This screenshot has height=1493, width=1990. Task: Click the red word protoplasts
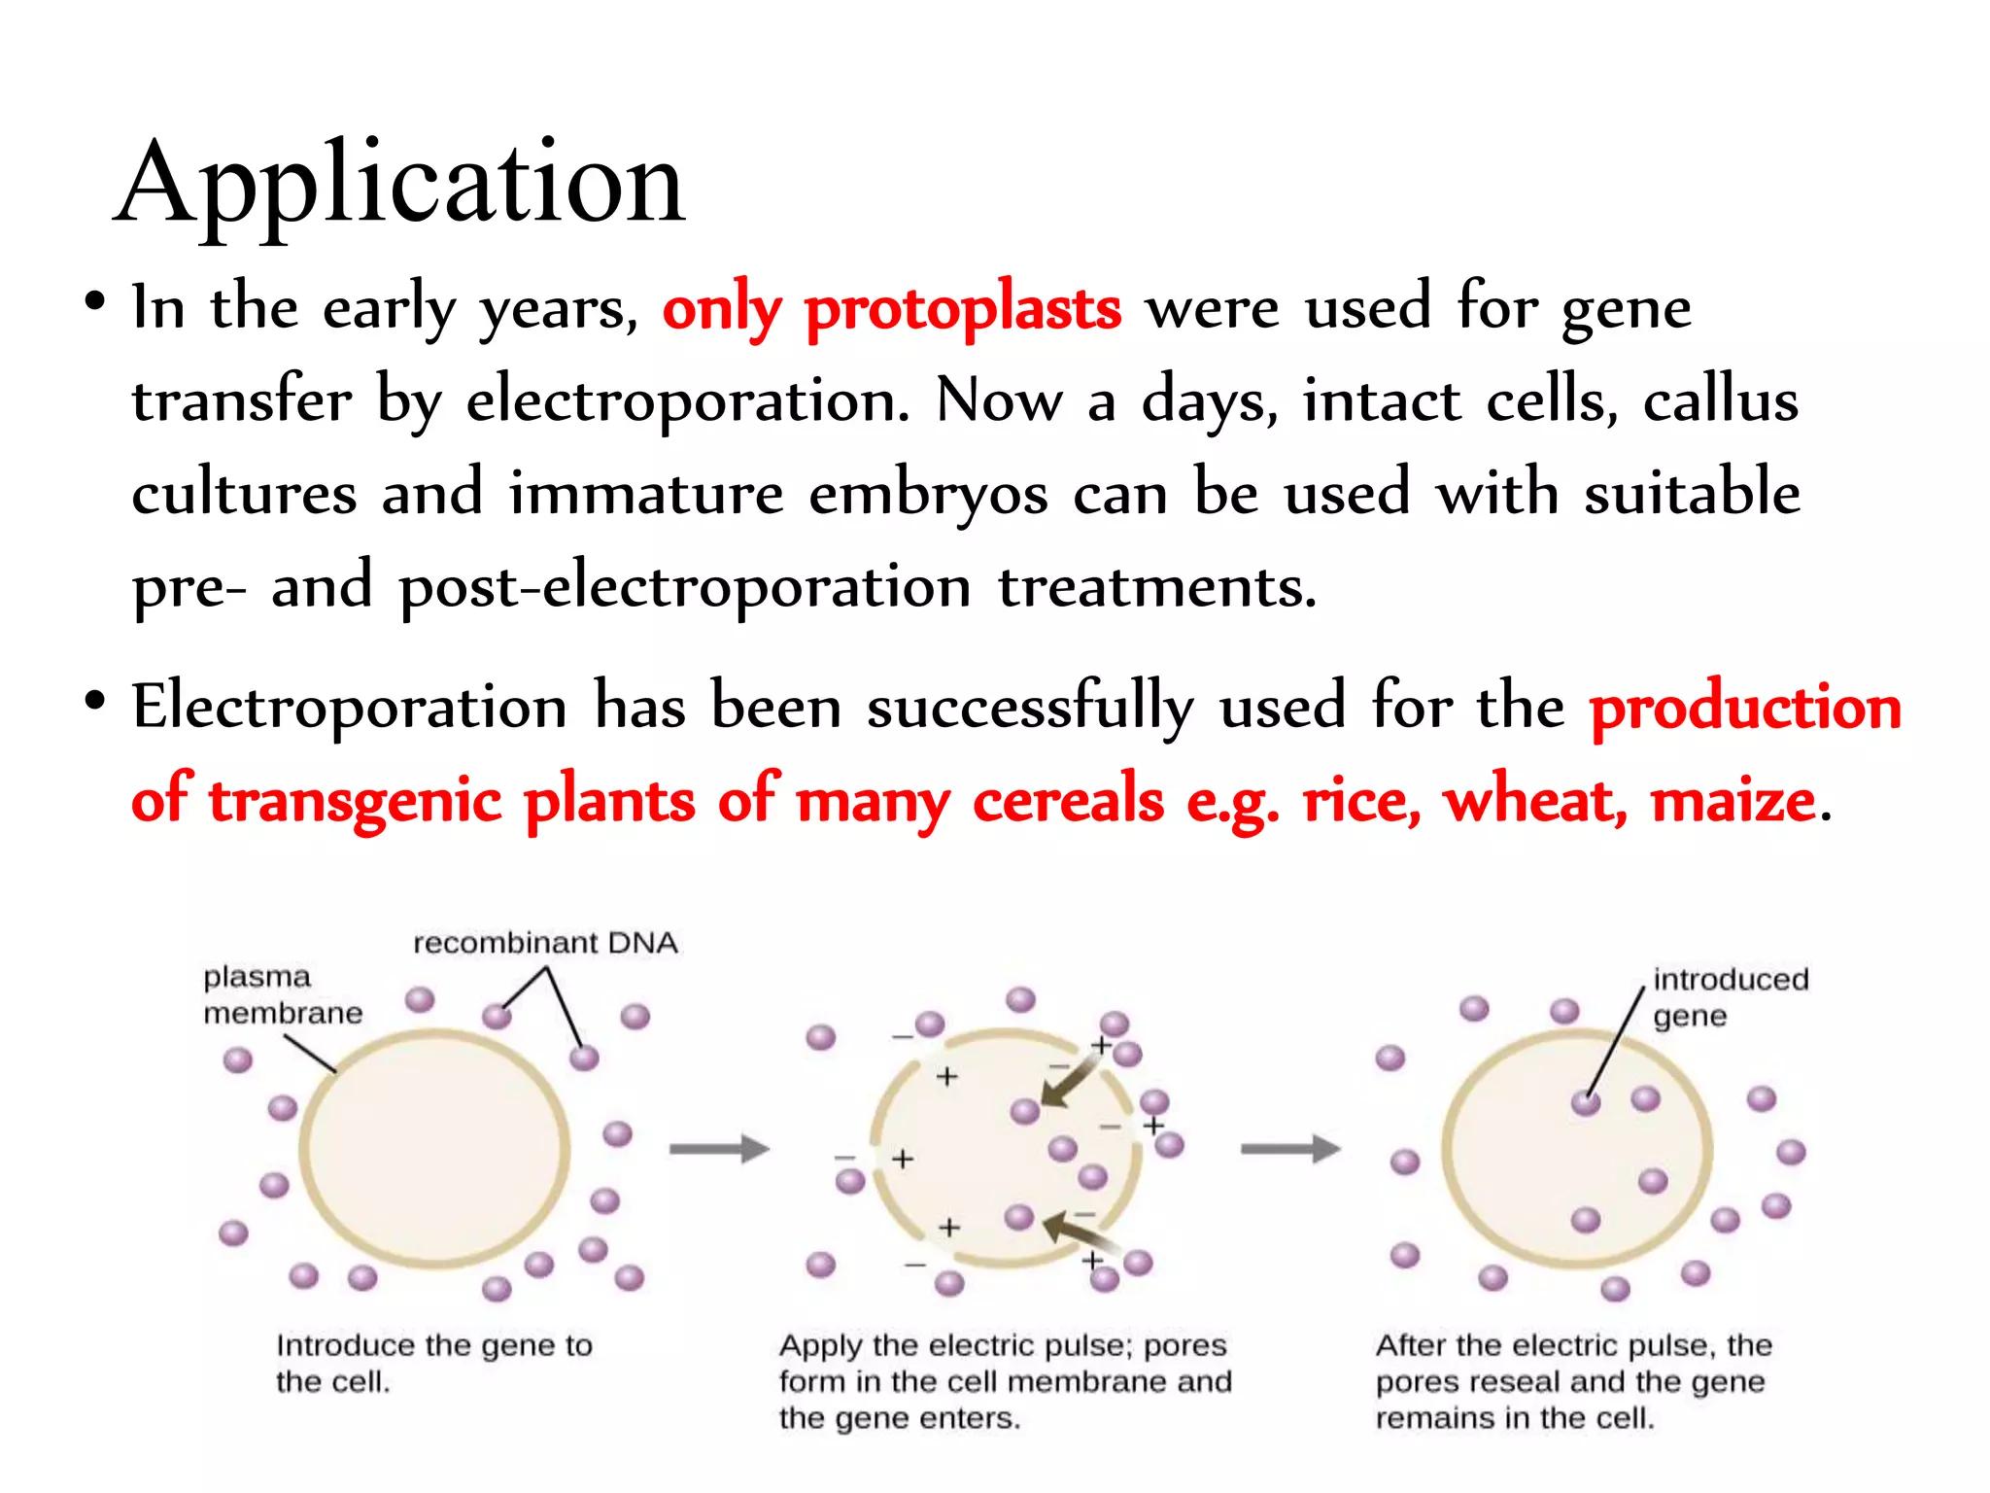pos(962,309)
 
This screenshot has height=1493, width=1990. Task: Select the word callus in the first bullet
pos(1720,400)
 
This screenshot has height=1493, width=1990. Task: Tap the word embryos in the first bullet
pos(928,494)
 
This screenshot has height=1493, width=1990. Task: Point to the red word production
pos(1745,708)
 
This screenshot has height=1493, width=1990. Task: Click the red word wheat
pos(1534,802)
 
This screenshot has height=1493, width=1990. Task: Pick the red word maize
pos(1733,802)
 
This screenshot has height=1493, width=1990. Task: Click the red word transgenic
pos(355,802)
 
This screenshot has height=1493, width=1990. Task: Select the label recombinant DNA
pos(545,943)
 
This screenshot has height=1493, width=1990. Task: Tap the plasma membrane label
pos(282,994)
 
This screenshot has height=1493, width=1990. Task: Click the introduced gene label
pos(1730,996)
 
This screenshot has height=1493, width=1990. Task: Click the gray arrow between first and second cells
pos(719,1149)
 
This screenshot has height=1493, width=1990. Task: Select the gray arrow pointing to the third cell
pos(1290,1149)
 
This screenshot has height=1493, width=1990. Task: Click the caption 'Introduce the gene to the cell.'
pos(433,1363)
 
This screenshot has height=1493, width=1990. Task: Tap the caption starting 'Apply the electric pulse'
pos(1005,1381)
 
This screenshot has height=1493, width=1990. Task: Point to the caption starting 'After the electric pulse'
pos(1573,1381)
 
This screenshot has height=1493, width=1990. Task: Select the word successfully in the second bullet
pos(1030,708)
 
